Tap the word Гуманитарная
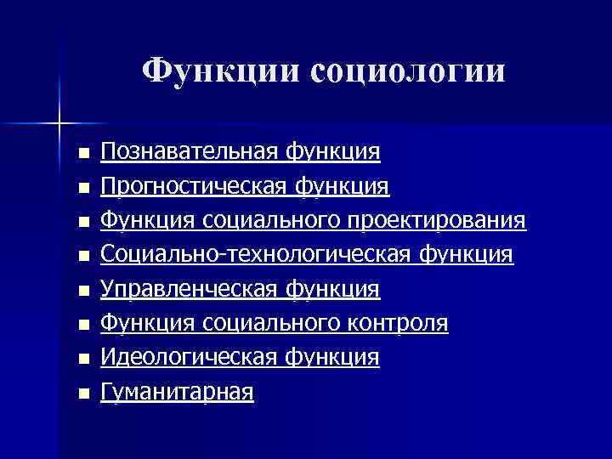[177, 393]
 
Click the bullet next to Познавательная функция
[82, 154]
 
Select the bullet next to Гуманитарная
[82, 394]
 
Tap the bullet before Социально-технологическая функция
[82, 257]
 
